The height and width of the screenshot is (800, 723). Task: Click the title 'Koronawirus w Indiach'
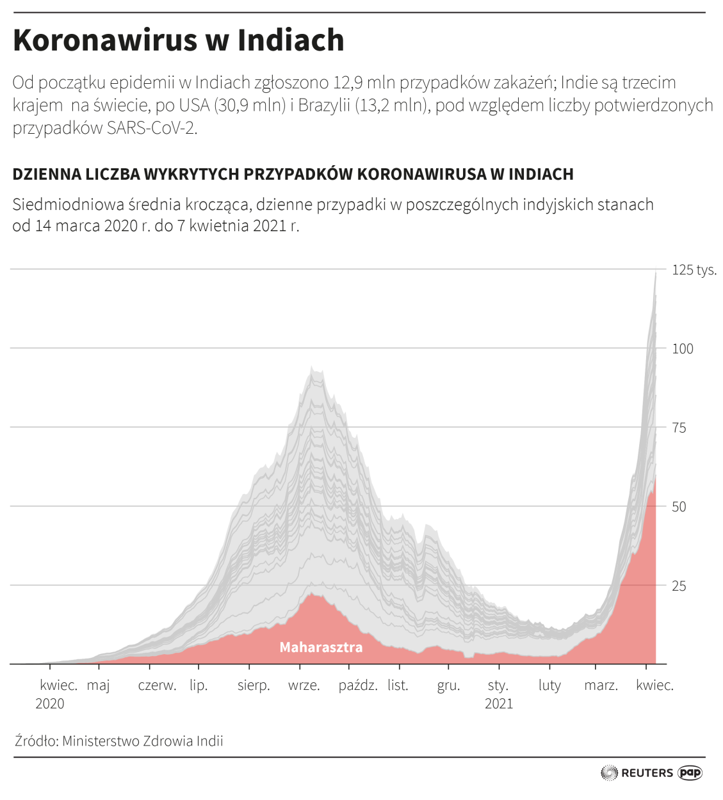click(x=179, y=40)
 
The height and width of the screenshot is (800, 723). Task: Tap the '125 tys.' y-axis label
click(x=694, y=270)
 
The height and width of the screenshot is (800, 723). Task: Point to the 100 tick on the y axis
click(x=683, y=349)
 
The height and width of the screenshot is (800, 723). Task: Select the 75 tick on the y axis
click(x=679, y=428)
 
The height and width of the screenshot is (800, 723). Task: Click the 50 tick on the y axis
click(x=679, y=507)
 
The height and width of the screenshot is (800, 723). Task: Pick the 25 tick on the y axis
click(x=679, y=586)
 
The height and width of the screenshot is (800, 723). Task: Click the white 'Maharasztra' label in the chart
click(x=321, y=648)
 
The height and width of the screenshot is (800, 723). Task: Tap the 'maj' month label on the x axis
click(x=99, y=685)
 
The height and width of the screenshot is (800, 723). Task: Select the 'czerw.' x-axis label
click(x=157, y=685)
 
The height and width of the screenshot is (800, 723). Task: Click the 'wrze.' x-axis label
click(x=304, y=685)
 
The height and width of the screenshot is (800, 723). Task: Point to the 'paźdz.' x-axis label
click(x=358, y=685)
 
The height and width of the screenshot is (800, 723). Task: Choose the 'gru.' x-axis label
click(x=448, y=685)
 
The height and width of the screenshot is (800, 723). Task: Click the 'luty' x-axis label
click(x=549, y=685)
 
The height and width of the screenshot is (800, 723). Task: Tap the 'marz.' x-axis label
click(x=601, y=685)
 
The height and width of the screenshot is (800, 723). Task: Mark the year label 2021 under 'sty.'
click(x=499, y=704)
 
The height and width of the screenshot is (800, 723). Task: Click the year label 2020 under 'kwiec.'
click(x=50, y=704)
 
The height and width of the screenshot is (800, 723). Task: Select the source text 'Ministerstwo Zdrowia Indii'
click(x=143, y=741)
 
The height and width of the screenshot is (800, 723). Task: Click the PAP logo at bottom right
click(x=690, y=773)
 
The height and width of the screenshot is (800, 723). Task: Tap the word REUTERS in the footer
click(x=647, y=773)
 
